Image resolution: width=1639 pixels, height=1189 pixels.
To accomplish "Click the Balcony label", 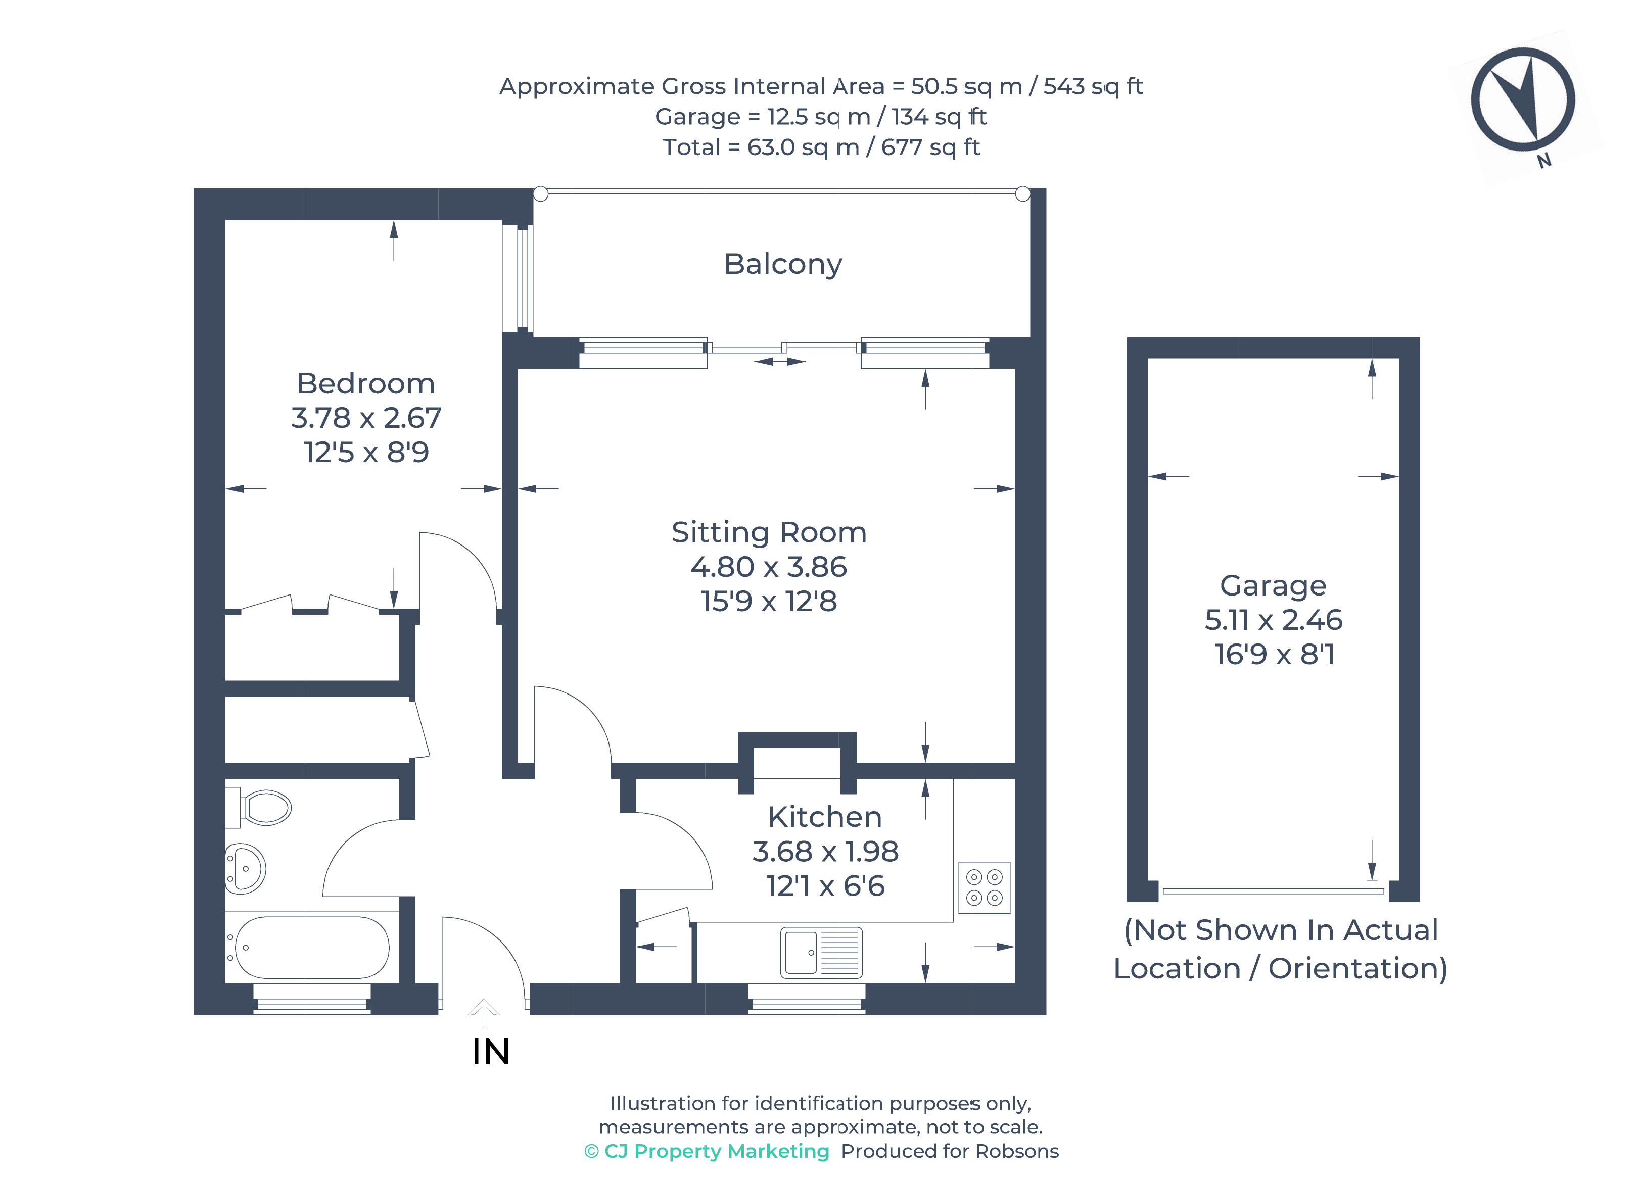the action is [x=783, y=264].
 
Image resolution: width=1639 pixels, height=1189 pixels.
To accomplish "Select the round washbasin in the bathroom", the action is [x=246, y=868].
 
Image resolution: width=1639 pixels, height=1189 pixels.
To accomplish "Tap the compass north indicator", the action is [x=1523, y=100].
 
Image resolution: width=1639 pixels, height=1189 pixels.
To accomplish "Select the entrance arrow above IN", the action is [x=484, y=1013].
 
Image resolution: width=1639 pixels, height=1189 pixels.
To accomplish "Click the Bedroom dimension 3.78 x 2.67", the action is [x=366, y=418].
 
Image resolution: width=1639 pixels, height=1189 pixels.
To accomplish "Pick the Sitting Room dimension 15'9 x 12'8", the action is [x=769, y=601].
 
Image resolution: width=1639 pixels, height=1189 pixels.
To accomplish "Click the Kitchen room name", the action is [x=825, y=817].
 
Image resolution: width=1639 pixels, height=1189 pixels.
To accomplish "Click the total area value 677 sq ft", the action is [x=930, y=147].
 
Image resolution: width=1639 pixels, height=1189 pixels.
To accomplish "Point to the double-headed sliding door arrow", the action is [x=780, y=361].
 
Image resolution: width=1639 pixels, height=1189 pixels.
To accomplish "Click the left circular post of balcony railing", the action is [x=541, y=193].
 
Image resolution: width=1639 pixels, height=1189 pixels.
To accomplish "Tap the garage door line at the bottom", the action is [x=1273, y=891].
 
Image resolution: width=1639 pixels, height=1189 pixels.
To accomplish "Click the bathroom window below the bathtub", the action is [x=312, y=999].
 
